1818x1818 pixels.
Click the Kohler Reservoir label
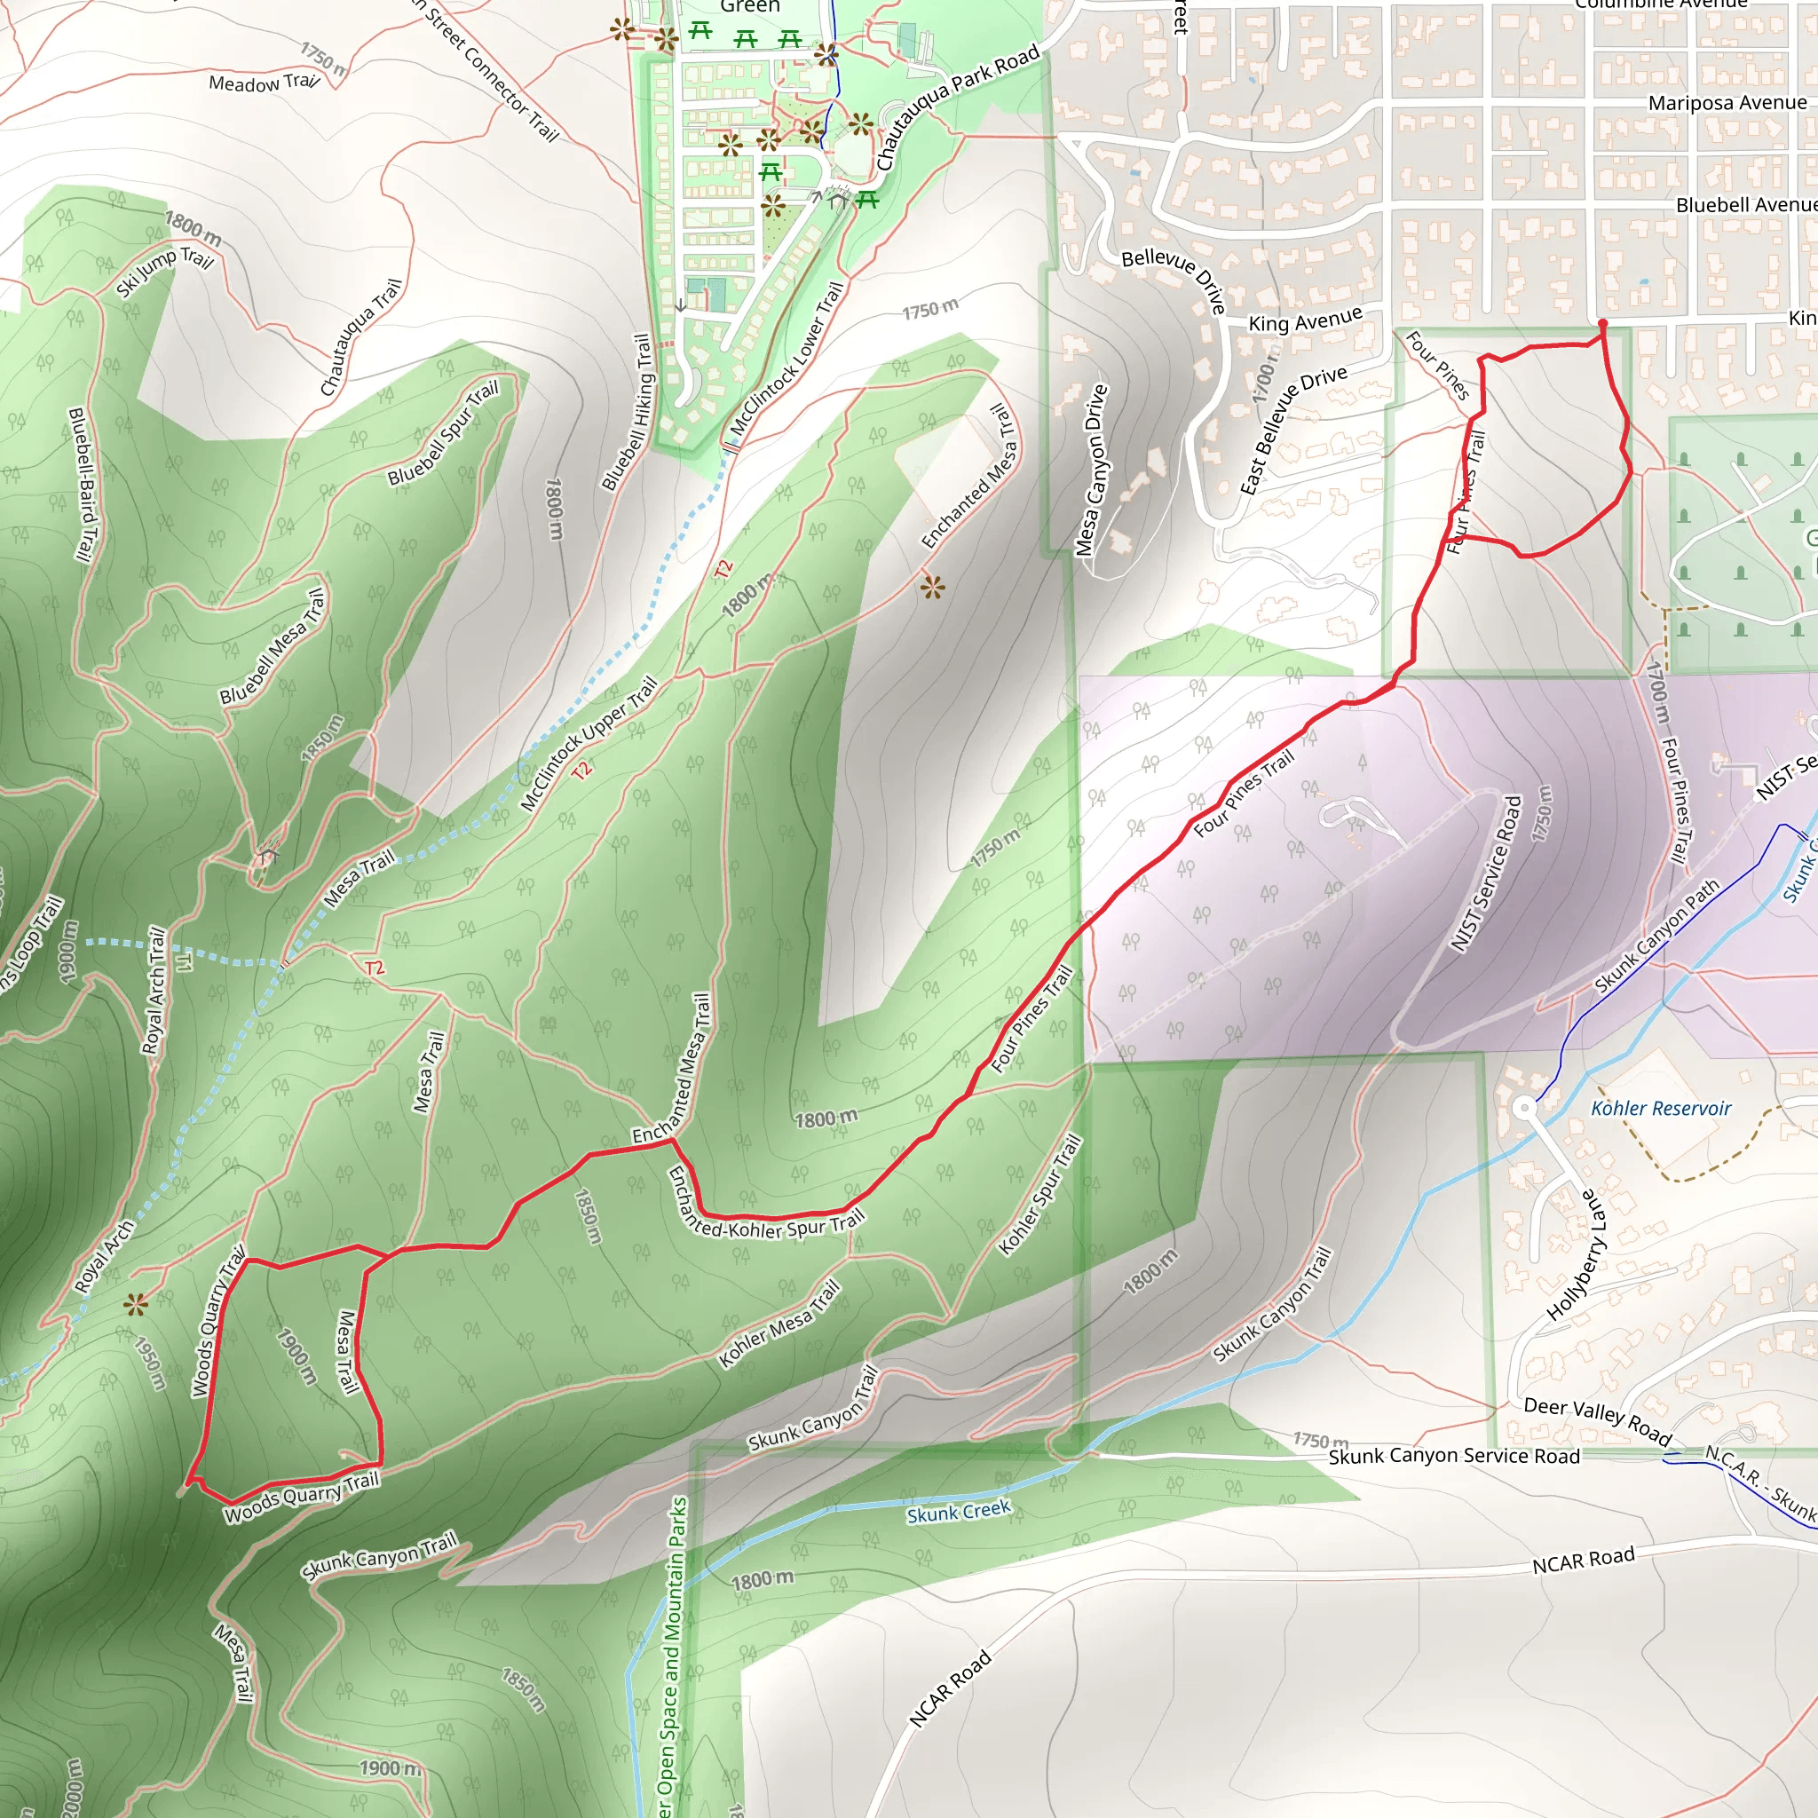click(1661, 1109)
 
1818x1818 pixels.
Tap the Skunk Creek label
click(958, 1511)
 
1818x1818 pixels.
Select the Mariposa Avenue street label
click(1727, 103)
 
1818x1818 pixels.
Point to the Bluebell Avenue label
click(1745, 205)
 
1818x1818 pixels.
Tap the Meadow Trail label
click(264, 83)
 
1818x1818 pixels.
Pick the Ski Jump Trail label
click(166, 271)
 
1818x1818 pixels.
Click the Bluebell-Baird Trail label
click(83, 484)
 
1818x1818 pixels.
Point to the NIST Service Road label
click(1486, 873)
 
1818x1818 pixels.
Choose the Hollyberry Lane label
click(1577, 1255)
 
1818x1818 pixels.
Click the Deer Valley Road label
click(1597, 1420)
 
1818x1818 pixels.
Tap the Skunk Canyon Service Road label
click(1454, 1456)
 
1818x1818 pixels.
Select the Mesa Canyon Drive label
click(1092, 470)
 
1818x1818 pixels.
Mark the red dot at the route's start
click(1602, 324)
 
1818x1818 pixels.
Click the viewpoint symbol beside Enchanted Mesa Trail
click(931, 589)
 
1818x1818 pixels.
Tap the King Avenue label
click(1304, 320)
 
